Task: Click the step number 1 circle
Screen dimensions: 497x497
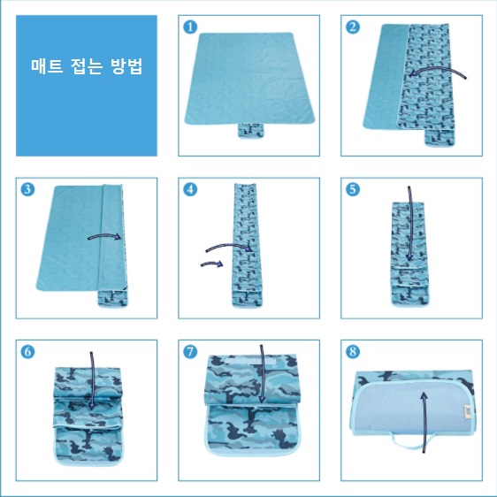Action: click(190, 27)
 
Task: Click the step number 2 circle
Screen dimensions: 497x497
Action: click(353, 27)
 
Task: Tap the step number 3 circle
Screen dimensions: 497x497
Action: click(27, 189)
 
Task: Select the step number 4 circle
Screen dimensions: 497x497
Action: click(190, 189)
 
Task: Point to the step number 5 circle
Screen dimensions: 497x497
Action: click(353, 189)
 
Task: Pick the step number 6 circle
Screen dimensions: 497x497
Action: click(27, 351)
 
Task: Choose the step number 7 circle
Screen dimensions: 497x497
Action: click(190, 351)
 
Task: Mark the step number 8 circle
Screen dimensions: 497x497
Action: click(353, 351)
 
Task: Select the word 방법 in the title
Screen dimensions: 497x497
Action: click(126, 66)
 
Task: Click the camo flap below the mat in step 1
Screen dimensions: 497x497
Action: click(251, 131)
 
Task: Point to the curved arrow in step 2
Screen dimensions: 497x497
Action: click(437, 69)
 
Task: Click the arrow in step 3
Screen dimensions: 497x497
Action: click(104, 235)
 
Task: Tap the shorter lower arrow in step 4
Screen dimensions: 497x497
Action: click(211, 264)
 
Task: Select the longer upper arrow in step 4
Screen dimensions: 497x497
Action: click(229, 245)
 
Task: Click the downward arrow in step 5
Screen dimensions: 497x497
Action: click(409, 223)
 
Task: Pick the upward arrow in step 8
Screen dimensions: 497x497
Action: click(424, 422)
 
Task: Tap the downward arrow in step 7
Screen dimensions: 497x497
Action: click(262, 374)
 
